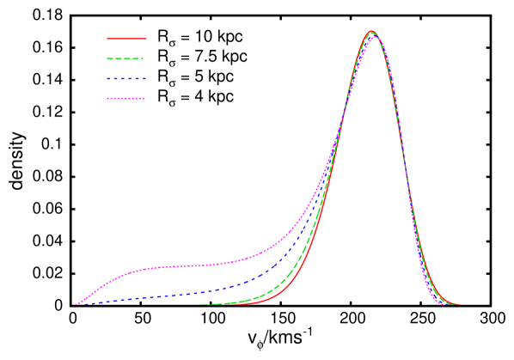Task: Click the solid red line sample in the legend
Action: [126, 39]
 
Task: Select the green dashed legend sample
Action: [125, 59]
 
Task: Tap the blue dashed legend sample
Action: [126, 79]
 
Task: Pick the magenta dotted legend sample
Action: [126, 99]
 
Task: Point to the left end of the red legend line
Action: [108, 39]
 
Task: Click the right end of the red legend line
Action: [145, 39]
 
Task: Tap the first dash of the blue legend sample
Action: [110, 79]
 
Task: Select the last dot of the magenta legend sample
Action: [144, 99]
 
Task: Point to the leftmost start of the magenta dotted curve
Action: [76, 304]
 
